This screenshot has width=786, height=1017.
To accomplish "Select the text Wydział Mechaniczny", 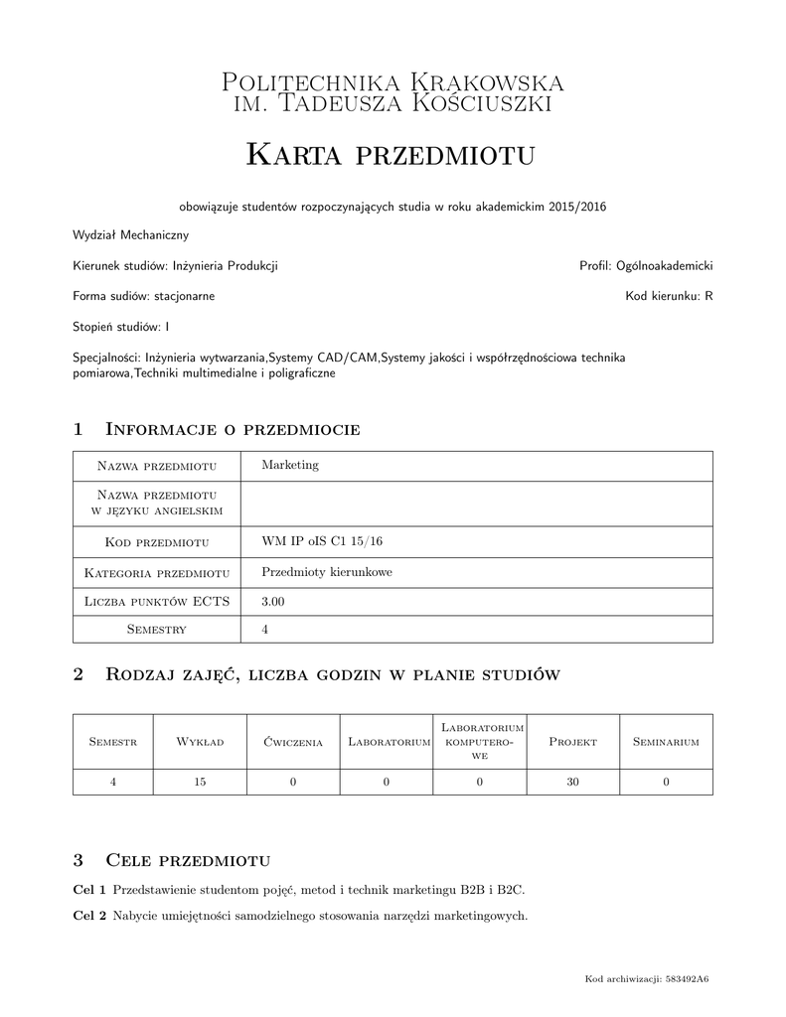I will (130, 235).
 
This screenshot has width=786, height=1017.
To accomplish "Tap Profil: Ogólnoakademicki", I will (646, 266).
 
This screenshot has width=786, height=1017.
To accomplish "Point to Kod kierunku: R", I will (669, 296).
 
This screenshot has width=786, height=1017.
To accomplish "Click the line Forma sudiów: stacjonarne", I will (144, 296).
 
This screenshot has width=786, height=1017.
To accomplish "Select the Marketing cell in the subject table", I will (290, 466).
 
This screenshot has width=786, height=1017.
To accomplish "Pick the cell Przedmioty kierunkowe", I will (327, 572).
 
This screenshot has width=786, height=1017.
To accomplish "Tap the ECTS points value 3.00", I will (273, 601).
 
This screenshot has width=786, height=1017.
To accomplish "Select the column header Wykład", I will (200, 742).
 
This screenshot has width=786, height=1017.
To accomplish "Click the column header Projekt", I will (572, 742).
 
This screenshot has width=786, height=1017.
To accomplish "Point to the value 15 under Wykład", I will (200, 783).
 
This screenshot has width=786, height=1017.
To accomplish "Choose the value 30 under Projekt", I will (572, 783).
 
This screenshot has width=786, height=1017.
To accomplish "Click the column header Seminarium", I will (666, 742).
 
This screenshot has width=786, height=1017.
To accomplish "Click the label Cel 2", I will (90, 915).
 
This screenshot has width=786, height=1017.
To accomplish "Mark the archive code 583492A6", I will (687, 979).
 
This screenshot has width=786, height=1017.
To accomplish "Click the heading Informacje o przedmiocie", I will (232, 429).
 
